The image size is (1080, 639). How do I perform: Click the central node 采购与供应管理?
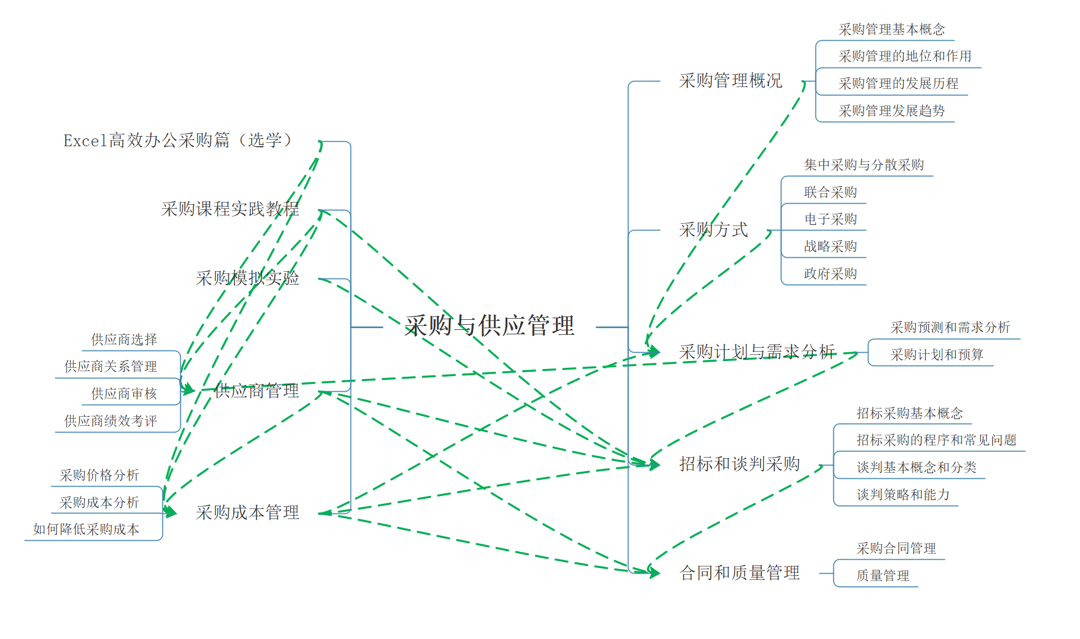pyautogui.click(x=489, y=325)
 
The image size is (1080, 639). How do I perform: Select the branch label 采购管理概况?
pyautogui.click(x=730, y=81)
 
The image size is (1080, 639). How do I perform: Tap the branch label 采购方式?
pyautogui.click(x=713, y=229)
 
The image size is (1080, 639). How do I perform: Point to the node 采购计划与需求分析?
pyautogui.click(x=757, y=352)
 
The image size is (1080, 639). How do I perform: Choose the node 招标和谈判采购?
pyautogui.click(x=739, y=464)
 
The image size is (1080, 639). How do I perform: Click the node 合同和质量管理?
pyautogui.click(x=739, y=573)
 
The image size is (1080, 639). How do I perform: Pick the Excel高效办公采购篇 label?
pyautogui.click(x=177, y=140)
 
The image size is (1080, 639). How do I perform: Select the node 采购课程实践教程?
pyautogui.click(x=230, y=209)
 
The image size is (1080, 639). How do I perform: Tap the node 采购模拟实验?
pyautogui.click(x=247, y=278)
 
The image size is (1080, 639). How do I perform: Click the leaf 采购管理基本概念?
pyautogui.click(x=891, y=30)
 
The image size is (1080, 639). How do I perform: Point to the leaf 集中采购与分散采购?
pyautogui.click(x=863, y=165)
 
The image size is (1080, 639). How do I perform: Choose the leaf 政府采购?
pyautogui.click(x=830, y=274)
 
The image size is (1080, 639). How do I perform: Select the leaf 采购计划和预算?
pyautogui.click(x=937, y=355)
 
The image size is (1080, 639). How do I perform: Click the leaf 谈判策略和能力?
pyautogui.click(x=903, y=495)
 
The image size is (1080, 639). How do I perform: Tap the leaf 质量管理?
pyautogui.click(x=882, y=576)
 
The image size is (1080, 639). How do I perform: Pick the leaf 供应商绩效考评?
pyautogui.click(x=111, y=421)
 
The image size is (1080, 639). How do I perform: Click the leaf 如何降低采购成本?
pyautogui.click(x=86, y=530)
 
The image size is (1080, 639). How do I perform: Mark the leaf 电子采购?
pyautogui.click(x=830, y=219)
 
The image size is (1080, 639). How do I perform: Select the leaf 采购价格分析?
pyautogui.click(x=99, y=475)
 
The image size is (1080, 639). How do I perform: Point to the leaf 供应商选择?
pyautogui.click(x=124, y=340)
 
